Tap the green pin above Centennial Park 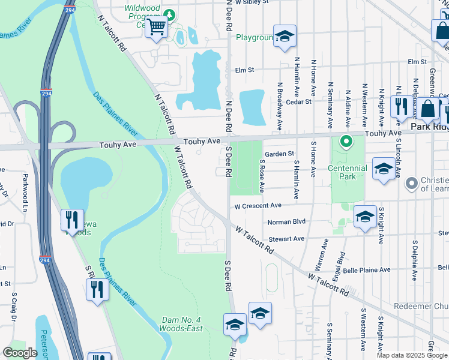(346, 142)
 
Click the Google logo (20, 353)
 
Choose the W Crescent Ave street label (258, 206)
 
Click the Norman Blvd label (286, 222)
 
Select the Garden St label (280, 154)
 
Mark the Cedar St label (299, 101)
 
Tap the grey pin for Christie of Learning (411, 182)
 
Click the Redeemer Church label (421, 306)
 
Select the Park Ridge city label (429, 128)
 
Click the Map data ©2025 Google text (411, 355)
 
